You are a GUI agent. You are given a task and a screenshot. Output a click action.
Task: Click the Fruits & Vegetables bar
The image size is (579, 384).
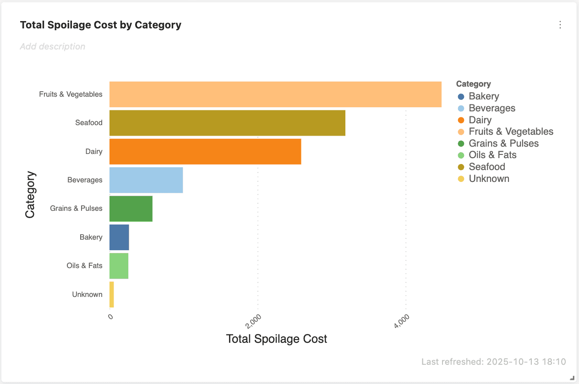point(275,94)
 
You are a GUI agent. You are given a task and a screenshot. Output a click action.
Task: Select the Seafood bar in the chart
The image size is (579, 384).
point(227,123)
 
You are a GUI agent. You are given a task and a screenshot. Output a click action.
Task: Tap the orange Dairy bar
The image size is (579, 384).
point(205,151)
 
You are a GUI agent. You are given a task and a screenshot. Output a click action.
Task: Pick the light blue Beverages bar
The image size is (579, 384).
point(146,180)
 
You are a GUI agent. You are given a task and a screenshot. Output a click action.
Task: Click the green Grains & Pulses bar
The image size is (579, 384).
point(131,208)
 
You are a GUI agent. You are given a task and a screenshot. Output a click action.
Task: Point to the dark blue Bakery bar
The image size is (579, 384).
point(119,237)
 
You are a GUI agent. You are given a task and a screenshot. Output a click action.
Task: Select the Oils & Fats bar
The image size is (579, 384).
point(119,266)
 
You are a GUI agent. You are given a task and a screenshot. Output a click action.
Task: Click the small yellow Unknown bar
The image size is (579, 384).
point(112,295)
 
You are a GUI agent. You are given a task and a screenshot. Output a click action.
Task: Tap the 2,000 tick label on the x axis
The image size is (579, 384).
point(254,321)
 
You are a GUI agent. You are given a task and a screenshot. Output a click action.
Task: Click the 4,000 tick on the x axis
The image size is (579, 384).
point(402,321)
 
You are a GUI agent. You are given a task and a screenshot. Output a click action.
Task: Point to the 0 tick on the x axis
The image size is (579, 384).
point(110,317)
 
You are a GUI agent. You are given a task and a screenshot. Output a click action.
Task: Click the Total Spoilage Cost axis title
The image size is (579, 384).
point(277,339)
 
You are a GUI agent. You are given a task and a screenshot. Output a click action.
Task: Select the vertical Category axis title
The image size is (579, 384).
point(30,195)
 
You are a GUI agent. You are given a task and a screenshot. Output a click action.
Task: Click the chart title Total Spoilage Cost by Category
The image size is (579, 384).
point(101,25)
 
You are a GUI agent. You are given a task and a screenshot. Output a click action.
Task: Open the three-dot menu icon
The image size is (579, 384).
point(560,25)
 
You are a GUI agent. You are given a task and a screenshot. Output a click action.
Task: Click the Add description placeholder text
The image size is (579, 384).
point(53,46)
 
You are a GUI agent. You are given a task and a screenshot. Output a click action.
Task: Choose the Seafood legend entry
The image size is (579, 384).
point(486,167)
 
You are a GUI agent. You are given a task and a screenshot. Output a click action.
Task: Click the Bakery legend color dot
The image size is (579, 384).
point(461,96)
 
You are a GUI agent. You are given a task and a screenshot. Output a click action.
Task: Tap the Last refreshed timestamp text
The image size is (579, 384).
point(493,362)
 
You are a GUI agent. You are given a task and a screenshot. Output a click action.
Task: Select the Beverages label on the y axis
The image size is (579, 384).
point(85,180)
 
